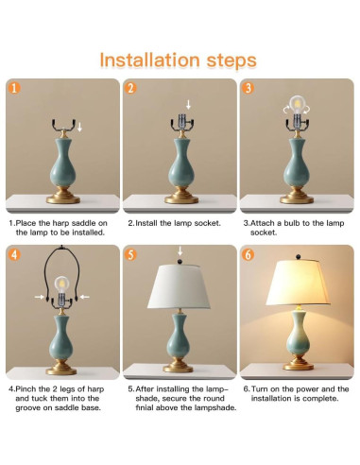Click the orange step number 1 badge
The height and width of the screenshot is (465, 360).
coord(14,88)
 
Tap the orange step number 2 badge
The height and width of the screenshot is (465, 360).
coord(130,88)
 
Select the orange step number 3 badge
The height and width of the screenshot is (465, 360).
coord(249,88)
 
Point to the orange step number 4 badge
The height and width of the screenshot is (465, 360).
coord(14,254)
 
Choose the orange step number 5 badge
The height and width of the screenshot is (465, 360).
coord(130,254)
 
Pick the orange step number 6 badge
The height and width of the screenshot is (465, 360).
coord(249,254)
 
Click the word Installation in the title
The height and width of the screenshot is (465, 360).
coord(149,60)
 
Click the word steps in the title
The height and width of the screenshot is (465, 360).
coord(231,61)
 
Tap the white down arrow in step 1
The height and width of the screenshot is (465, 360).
coord(79,128)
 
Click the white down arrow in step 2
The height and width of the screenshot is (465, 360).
coord(188,105)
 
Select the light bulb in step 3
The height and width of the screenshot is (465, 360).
coord(297,105)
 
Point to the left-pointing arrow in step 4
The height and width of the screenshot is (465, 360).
coord(85,297)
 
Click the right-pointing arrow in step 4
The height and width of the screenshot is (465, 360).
coord(40,297)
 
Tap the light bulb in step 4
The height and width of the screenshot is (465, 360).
coord(61,284)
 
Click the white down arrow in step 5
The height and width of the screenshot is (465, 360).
coord(180,251)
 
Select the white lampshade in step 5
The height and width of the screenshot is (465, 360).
coord(179,286)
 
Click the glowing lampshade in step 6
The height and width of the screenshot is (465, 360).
coord(298,283)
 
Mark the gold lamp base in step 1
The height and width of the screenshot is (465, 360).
coord(63,196)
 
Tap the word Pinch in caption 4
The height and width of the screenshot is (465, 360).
coord(26,389)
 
